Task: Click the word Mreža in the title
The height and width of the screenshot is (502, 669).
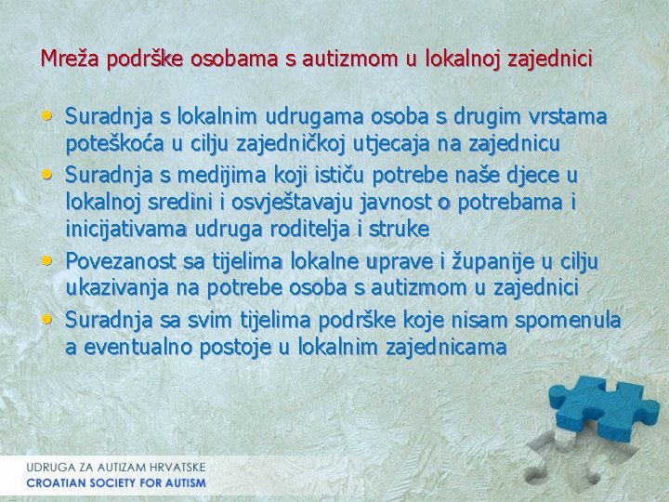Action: click(66, 59)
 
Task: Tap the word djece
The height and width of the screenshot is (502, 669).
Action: click(540, 174)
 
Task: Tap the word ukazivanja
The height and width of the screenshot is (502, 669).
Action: click(112, 287)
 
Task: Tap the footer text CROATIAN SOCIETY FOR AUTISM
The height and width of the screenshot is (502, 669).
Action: click(116, 483)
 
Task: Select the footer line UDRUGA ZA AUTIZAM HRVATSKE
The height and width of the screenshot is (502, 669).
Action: click(116, 467)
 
